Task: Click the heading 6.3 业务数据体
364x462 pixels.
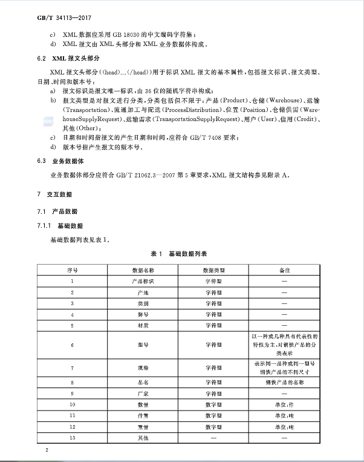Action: coord(60,162)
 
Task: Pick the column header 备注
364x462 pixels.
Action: coord(284,269)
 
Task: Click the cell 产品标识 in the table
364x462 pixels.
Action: coord(143,281)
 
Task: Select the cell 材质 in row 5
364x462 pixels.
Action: coord(143,326)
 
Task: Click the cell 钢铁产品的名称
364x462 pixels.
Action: coord(284,383)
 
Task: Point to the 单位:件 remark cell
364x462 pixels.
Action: coord(284,404)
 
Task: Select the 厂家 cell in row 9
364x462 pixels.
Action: coord(143,393)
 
